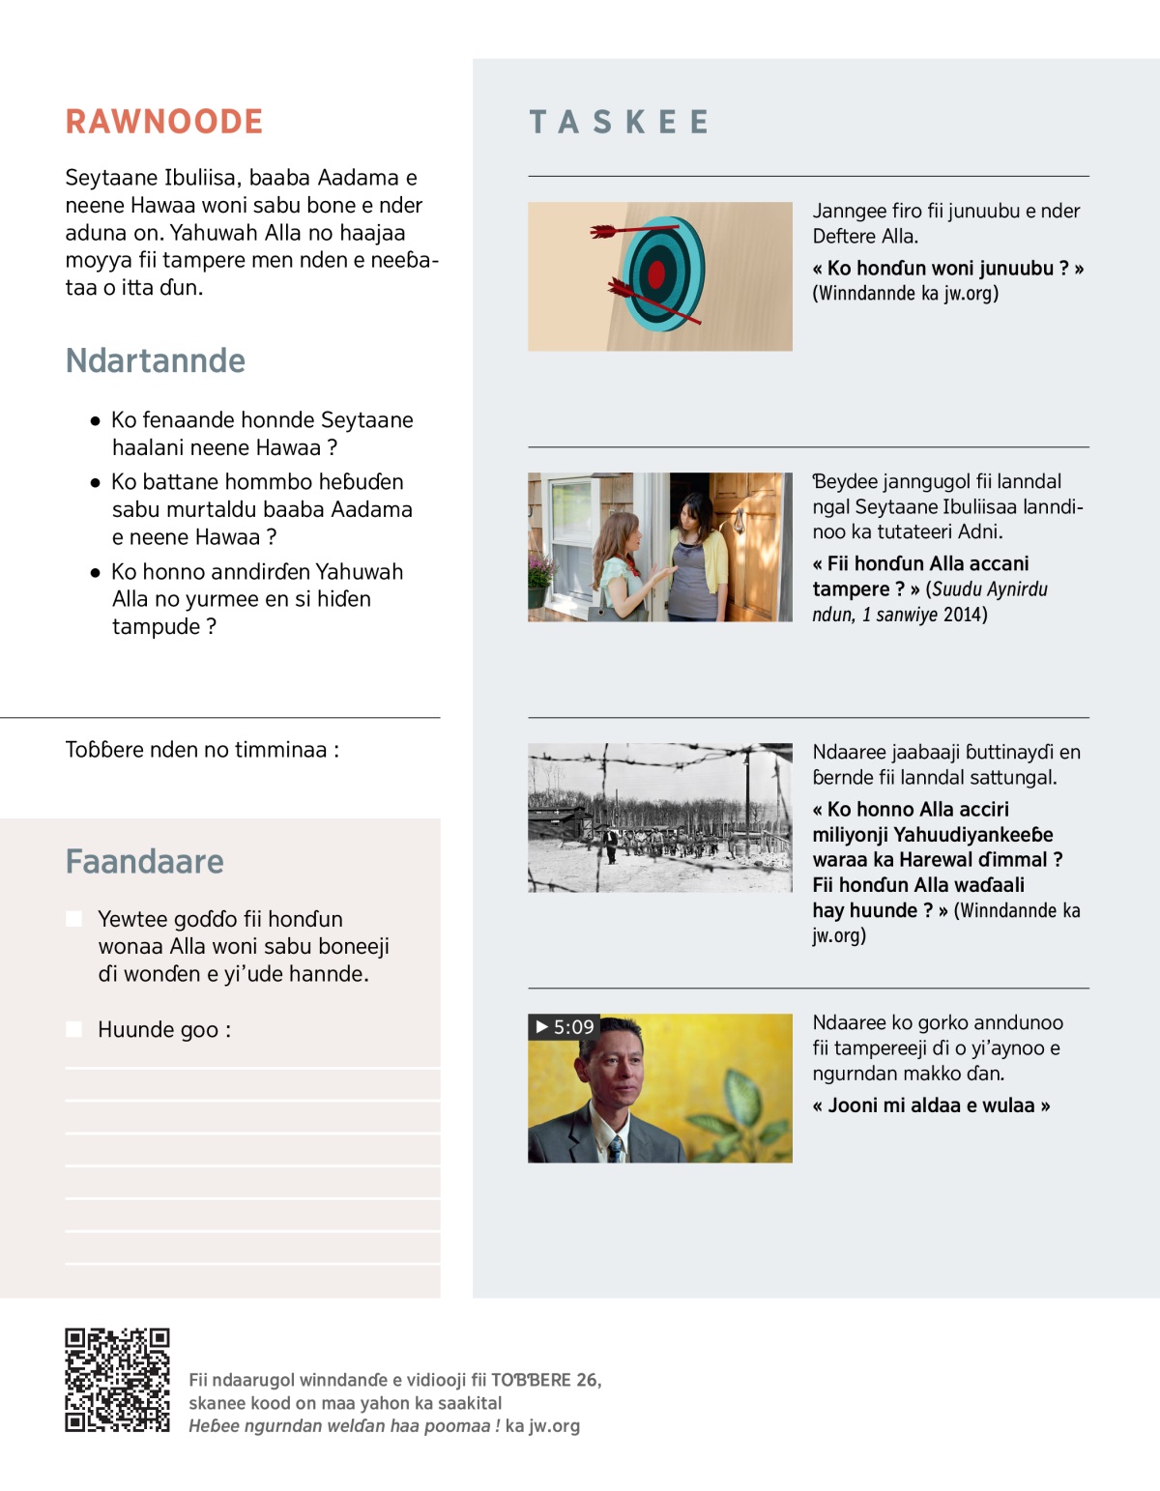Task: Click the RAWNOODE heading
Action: (164, 122)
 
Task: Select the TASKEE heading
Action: (620, 122)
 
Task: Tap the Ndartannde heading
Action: (156, 360)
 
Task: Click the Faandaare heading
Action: (145, 861)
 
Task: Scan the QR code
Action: (117, 1380)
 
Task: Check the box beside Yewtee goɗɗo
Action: (73, 919)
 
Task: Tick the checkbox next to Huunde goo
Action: (73, 1029)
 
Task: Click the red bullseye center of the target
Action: (657, 275)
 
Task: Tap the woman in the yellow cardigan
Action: (696, 556)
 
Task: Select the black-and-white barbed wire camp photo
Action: (660, 817)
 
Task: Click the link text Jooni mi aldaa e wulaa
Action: (931, 1105)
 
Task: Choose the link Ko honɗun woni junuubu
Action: (947, 269)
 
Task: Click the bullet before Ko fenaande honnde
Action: (95, 421)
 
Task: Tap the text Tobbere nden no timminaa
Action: (202, 750)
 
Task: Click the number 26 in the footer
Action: (587, 1380)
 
